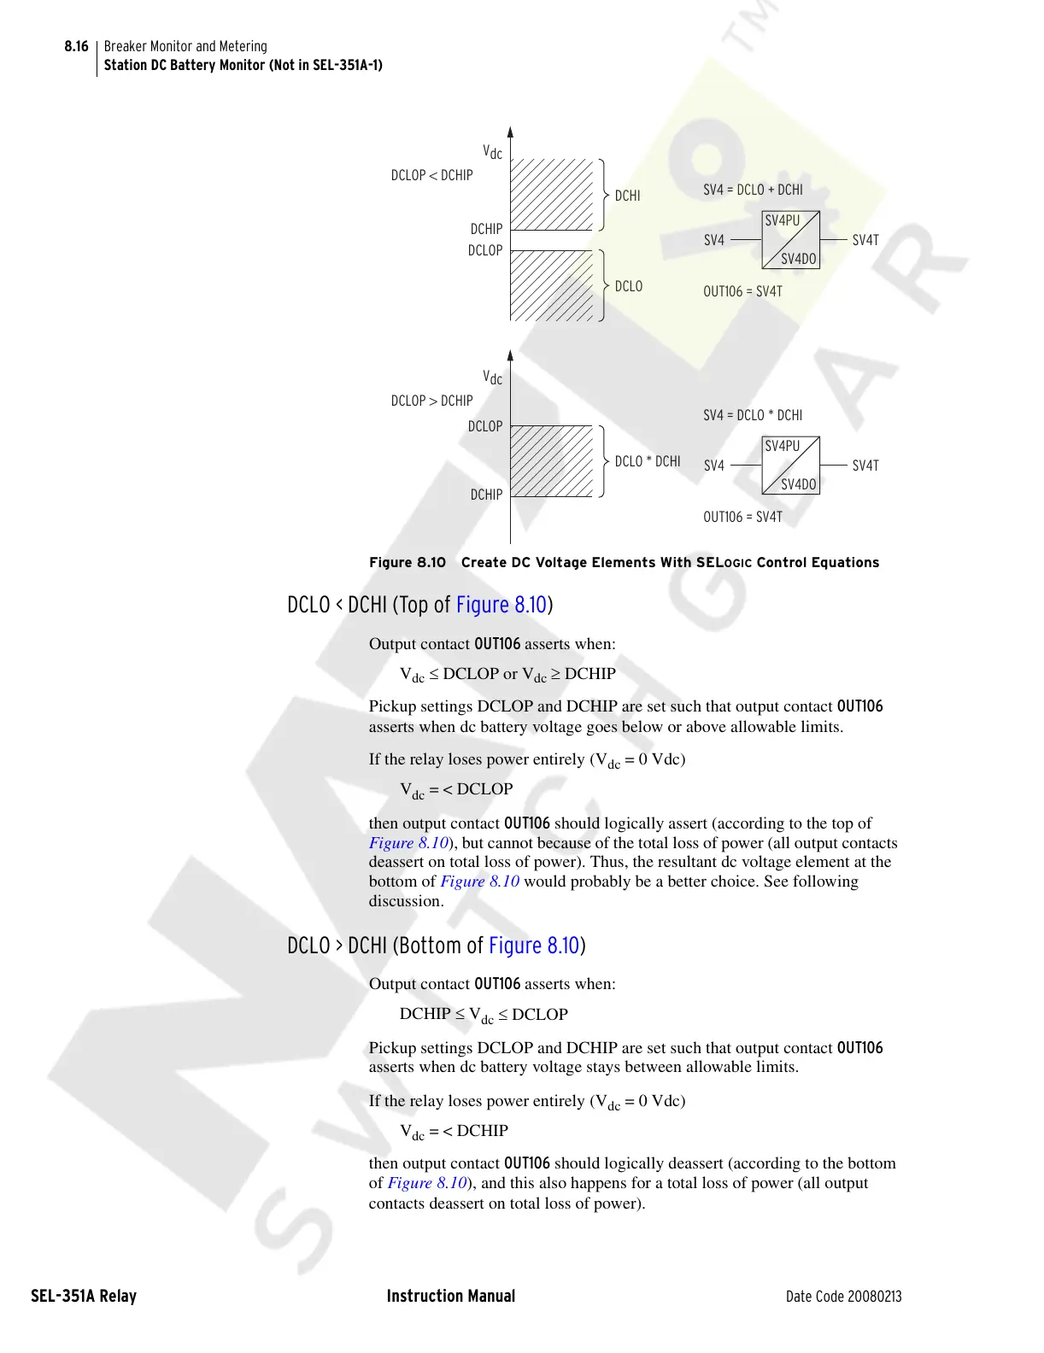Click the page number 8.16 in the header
pos(76,46)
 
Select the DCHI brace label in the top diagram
pos(627,196)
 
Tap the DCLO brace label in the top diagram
pos(628,286)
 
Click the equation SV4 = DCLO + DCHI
pos(753,190)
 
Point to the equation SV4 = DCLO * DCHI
pos(753,415)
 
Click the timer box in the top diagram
pos(790,240)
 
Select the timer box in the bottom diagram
pos(790,466)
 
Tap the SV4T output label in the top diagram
pos(865,241)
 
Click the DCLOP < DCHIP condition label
pos(431,175)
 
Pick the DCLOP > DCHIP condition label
pos(431,401)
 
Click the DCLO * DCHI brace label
pos(648,461)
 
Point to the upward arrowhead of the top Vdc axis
pos(510,132)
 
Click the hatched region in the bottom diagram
pos(551,461)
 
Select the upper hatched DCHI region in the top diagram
pos(551,194)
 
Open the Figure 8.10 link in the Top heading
pos(501,605)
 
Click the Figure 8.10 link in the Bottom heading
pos(534,946)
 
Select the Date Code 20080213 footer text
pos(843,1297)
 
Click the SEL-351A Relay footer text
pos(84,1296)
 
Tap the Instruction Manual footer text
pos(451,1296)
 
